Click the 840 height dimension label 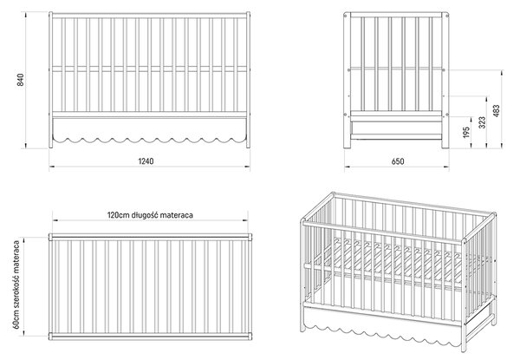(20, 80)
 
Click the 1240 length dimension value (146, 161)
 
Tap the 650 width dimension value (398, 161)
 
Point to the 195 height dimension (466, 132)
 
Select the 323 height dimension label (483, 122)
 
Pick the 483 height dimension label (497, 111)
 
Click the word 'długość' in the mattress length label (146, 215)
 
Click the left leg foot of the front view (51, 147)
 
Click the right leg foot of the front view (248, 147)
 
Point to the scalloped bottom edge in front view (150, 140)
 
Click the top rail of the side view (396, 15)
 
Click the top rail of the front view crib (150, 16)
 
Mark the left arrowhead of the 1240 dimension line (51, 166)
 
